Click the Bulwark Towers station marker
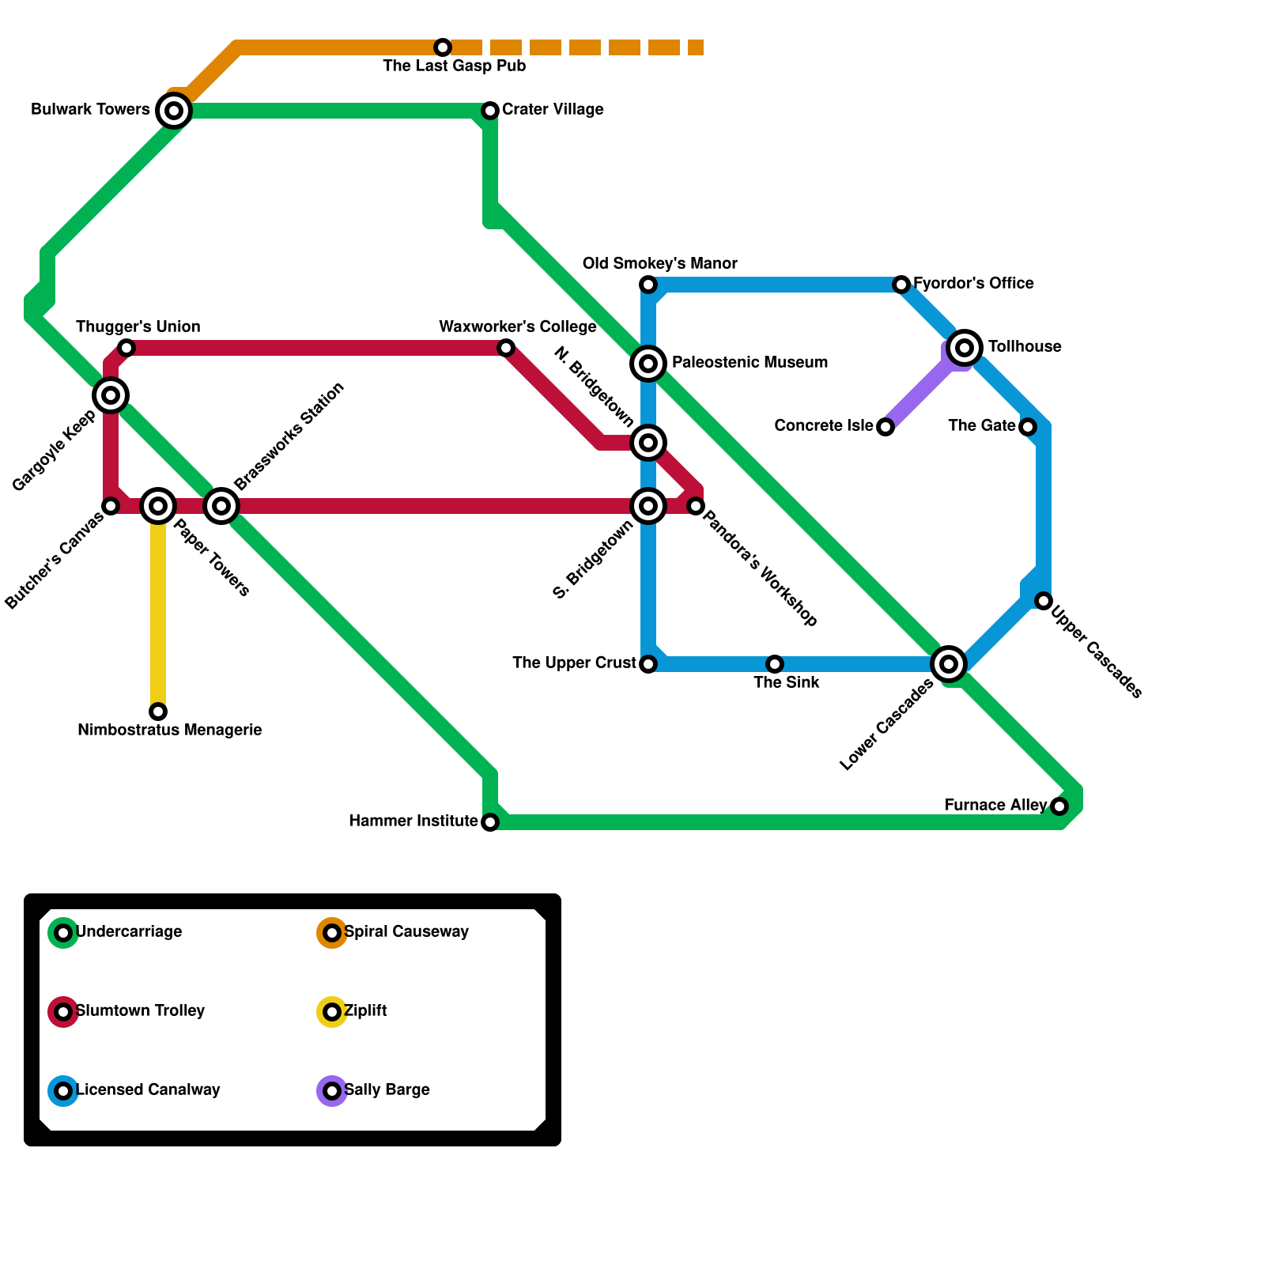(174, 110)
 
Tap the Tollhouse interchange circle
(965, 347)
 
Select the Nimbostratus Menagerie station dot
(158, 712)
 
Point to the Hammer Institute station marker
(490, 822)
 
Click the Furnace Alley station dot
(1059, 806)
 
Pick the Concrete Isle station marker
(885, 427)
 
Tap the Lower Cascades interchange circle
(949, 663)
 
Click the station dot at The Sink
(775, 664)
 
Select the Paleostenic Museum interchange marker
(648, 363)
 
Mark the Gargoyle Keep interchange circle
(111, 395)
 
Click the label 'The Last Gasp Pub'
(455, 66)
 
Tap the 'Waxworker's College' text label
(518, 327)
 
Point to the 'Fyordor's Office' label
(973, 284)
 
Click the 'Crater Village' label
(553, 110)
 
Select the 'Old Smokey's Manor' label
(660, 264)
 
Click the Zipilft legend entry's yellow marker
(332, 1012)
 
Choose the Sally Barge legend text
(387, 1090)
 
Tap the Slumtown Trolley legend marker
(63, 1012)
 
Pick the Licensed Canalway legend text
(148, 1090)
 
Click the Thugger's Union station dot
(126, 348)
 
